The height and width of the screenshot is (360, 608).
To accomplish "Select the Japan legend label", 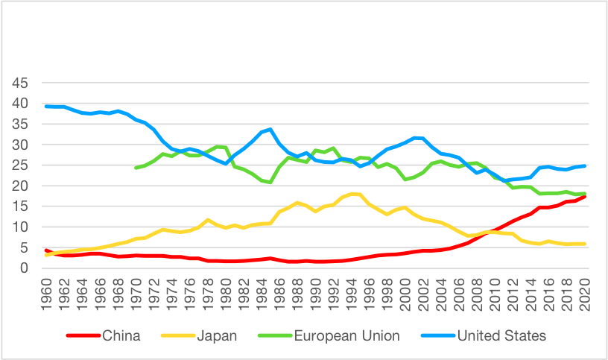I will (x=218, y=335).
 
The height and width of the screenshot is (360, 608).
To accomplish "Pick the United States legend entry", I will (x=503, y=335).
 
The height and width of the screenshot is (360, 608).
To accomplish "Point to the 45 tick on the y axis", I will (x=20, y=83).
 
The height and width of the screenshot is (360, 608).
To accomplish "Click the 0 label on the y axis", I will (x=25, y=268).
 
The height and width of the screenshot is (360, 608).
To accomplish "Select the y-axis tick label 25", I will (x=20, y=165).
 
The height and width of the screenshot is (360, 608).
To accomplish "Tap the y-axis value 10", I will (x=20, y=227).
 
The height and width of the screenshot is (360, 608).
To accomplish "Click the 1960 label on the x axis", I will (x=47, y=292).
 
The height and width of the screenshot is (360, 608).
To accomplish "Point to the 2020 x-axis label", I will (x=585, y=292).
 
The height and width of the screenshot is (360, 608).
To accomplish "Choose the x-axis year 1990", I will (x=316, y=292).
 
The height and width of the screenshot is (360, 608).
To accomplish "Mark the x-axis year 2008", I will (x=478, y=292).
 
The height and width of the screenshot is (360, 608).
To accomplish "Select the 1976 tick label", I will (x=190, y=292).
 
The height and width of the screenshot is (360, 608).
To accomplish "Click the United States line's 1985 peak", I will (x=270, y=129).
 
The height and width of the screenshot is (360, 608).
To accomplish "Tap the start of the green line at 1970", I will (x=136, y=168).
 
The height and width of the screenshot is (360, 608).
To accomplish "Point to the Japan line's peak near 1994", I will (x=351, y=194).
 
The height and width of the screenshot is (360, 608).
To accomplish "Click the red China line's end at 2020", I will (x=584, y=197).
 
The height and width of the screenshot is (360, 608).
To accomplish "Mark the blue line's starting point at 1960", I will (x=46, y=106).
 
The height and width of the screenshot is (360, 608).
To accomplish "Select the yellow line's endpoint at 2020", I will (x=584, y=244).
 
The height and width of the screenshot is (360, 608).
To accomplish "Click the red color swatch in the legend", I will (x=80, y=335).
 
